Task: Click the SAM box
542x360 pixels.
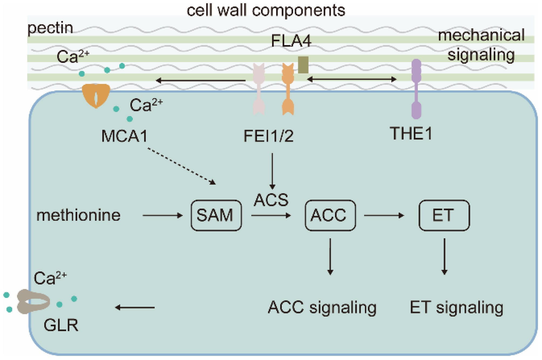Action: [x=216, y=215]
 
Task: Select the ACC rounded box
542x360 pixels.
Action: [x=330, y=215]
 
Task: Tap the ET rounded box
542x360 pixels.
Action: [x=444, y=215]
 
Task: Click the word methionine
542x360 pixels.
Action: [x=78, y=215]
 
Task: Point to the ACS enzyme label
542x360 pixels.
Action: [x=271, y=200]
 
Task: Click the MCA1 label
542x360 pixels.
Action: [x=124, y=136]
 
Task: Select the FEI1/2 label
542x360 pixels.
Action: [x=268, y=136]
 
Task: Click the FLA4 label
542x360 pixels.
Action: [x=291, y=41]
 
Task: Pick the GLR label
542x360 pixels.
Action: [x=61, y=325]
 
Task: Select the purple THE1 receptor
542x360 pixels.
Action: [x=416, y=89]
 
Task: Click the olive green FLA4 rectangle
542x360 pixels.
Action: [x=303, y=65]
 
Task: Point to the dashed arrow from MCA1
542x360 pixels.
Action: [x=181, y=166]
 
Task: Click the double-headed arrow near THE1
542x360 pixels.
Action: [x=352, y=79]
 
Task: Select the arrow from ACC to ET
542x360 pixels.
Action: [x=384, y=215]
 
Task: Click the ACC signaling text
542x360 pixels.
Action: [x=322, y=307]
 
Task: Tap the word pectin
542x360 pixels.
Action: [x=50, y=28]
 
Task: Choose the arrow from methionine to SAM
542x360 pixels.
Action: [x=162, y=215]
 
